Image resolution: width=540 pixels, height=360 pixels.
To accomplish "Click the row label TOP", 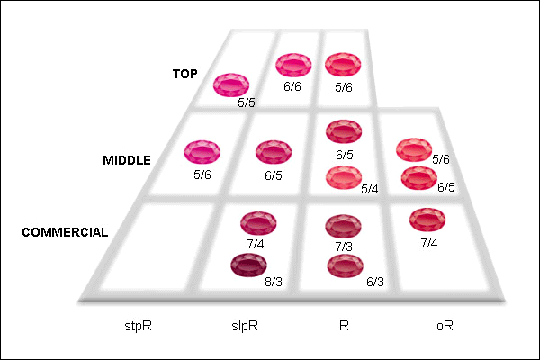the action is (185, 74).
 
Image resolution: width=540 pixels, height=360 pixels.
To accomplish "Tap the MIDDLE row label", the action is (127, 160).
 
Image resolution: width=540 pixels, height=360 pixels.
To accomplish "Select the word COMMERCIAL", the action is (65, 232).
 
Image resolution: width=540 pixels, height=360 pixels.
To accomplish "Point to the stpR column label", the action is (138, 326).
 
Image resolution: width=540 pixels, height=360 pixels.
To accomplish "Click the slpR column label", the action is (245, 326).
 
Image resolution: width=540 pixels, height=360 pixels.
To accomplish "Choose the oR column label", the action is (445, 326).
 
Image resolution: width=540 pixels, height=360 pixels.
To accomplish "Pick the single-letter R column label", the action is (344, 326).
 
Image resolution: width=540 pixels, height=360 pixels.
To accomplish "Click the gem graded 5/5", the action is (231, 85).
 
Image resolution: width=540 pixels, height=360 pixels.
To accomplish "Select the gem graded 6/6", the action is (293, 65).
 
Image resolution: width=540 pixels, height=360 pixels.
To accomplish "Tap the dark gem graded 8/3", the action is (248, 265).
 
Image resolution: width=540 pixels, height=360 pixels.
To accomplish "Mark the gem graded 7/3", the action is (344, 226).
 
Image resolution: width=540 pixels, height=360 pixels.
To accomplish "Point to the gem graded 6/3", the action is (345, 265).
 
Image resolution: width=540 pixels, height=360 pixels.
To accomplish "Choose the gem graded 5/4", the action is (344, 177).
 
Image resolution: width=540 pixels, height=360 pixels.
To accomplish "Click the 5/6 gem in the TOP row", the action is (343, 65).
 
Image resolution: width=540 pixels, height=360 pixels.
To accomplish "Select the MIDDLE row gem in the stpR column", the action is (202, 151).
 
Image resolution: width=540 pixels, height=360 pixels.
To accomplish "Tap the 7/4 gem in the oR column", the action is (427, 220).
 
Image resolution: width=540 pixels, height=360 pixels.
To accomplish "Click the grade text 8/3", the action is (274, 282).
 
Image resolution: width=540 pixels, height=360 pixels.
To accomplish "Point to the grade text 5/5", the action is (247, 103).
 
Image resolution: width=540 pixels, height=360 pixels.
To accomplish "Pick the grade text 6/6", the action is (292, 86).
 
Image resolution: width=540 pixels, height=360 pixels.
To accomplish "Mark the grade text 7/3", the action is (344, 247).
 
